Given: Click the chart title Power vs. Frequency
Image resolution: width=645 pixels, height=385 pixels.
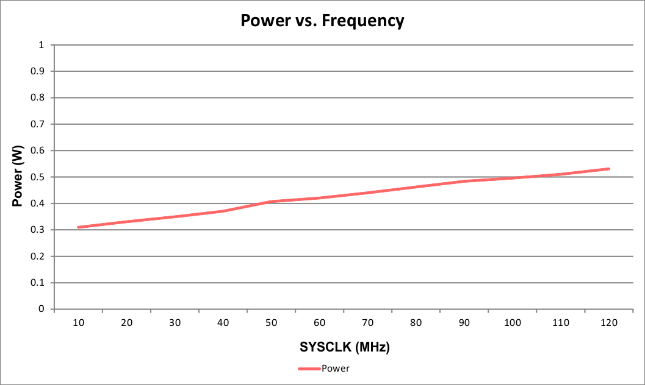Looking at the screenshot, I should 322,21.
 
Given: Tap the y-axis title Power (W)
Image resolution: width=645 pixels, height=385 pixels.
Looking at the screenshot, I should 18,177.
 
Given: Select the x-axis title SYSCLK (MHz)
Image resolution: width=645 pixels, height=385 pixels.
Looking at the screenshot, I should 344,347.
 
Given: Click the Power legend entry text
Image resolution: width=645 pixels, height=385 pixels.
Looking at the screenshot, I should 336,369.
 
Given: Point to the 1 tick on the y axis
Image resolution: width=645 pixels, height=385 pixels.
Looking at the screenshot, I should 41,45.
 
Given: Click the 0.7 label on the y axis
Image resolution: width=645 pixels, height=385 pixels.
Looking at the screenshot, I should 37,124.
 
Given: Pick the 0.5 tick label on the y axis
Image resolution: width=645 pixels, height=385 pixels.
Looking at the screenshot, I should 37,177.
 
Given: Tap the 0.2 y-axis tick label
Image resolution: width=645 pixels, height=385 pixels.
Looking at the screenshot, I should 37,256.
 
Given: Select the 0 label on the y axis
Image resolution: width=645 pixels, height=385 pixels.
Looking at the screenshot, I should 41,309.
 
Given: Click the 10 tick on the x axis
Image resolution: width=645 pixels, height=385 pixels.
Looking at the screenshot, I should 78,322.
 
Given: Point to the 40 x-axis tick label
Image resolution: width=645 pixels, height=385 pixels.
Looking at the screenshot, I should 223,322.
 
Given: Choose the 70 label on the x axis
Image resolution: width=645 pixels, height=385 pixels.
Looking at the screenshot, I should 368,322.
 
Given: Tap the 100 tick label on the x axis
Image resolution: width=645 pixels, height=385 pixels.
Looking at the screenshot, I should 513,322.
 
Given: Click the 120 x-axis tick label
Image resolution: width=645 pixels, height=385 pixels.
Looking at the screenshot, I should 609,322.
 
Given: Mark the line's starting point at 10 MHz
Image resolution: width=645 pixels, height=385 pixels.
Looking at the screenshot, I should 79,227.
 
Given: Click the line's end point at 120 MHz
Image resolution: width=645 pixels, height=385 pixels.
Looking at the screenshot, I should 609,169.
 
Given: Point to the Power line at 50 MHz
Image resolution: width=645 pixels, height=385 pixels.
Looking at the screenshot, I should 272,201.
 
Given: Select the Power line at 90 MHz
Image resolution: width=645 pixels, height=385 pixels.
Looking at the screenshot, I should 464,181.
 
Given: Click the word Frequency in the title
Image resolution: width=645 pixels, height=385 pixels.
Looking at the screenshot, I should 362,21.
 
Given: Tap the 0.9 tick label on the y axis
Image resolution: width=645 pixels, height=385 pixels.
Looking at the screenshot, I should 37,71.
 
